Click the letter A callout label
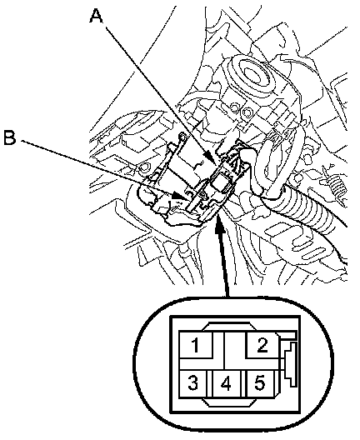pos(96,16)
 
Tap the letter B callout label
pos(10,137)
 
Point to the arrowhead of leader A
pos(211,158)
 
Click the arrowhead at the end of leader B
pos(177,196)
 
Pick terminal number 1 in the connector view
pos(196,345)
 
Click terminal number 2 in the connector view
pos(262,345)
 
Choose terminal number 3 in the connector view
pos(192,383)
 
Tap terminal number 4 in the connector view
pos(226,383)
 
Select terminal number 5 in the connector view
pos(260,383)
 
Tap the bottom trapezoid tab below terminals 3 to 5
pos(229,402)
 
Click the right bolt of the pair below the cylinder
pos(247,112)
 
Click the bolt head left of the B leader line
pos(144,167)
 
